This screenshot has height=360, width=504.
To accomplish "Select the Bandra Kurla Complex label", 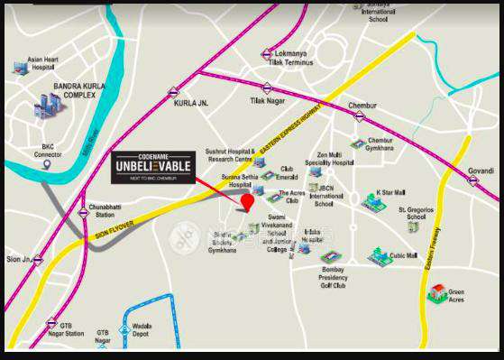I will point(79,91).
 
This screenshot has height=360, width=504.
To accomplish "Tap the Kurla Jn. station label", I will point(191,103).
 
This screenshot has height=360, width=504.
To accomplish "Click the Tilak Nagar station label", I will point(267,100).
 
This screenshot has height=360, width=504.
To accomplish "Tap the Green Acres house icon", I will point(438,293).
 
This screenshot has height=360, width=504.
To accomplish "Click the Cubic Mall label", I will point(404,255).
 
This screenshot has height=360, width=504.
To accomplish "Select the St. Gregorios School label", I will point(425,213).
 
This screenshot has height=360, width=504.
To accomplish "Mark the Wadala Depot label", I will point(142,329).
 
